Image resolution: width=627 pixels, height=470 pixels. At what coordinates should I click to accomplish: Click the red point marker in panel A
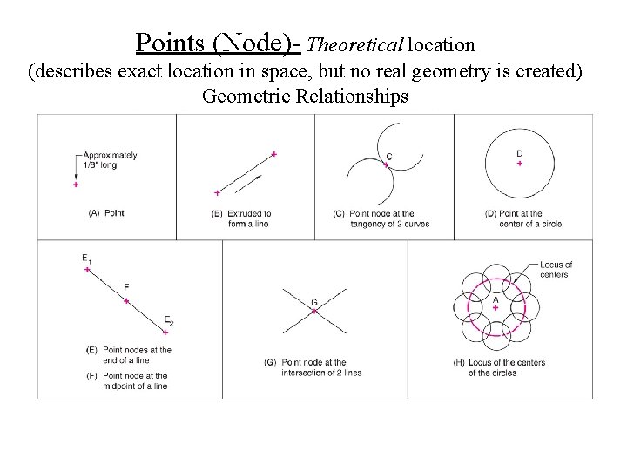click(x=76, y=185)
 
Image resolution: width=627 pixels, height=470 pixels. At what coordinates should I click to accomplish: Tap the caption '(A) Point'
click(x=107, y=213)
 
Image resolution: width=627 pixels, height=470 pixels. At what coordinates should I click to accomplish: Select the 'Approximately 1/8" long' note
click(x=111, y=160)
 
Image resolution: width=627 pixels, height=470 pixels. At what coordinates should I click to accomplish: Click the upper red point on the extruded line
click(x=274, y=154)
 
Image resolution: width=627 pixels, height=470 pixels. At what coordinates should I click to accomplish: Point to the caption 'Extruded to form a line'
click(x=241, y=218)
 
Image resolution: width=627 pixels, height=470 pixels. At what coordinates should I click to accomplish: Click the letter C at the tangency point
click(x=388, y=157)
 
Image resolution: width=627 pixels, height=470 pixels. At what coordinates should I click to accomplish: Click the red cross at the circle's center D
click(x=520, y=164)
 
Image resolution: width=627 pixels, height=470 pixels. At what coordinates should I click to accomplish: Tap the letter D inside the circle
click(x=520, y=153)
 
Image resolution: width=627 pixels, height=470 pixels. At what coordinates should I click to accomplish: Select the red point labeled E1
click(x=87, y=271)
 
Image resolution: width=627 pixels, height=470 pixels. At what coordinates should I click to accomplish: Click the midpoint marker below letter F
click(x=126, y=301)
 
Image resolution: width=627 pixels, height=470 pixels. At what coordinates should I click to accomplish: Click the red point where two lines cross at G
click(x=314, y=311)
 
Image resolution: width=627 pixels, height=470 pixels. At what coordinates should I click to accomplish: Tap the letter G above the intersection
click(x=314, y=302)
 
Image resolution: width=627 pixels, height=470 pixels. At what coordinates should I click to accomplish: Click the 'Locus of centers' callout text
click(x=556, y=269)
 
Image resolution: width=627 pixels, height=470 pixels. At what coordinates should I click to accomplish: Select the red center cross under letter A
click(x=496, y=307)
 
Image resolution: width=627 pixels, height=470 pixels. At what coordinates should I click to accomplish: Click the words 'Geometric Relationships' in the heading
click(x=305, y=96)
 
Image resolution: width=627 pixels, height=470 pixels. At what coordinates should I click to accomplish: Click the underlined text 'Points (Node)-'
click(x=219, y=43)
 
